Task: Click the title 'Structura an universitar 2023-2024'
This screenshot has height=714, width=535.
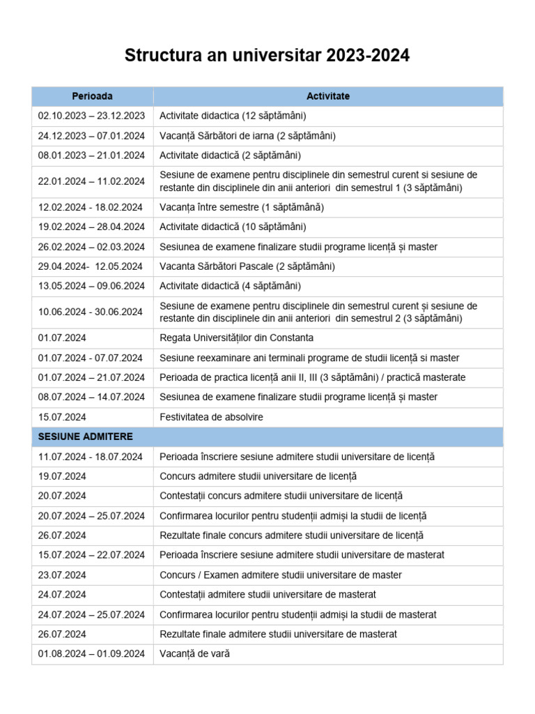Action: coord(267,56)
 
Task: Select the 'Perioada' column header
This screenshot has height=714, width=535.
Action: coord(92,96)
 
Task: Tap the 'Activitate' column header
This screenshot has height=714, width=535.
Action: coord(328,96)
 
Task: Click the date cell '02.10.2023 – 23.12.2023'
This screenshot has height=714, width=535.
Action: coord(91,116)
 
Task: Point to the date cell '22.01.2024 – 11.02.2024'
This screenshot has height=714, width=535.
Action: coord(91,181)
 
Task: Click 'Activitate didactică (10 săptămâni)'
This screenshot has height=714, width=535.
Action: coord(233,227)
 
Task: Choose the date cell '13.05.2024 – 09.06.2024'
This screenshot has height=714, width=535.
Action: coord(91,286)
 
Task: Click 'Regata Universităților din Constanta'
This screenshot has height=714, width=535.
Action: coord(237,337)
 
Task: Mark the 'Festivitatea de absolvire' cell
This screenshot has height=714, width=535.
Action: coord(212,416)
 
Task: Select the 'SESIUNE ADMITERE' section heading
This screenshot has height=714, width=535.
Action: coord(86,436)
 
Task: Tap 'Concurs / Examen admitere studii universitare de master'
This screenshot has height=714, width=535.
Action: coord(281,575)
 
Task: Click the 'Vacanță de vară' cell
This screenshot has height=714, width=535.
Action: coord(194,654)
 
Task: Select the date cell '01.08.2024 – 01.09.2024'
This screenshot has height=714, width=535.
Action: coord(91,654)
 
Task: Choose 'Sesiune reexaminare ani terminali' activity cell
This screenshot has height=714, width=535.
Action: coord(309,358)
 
